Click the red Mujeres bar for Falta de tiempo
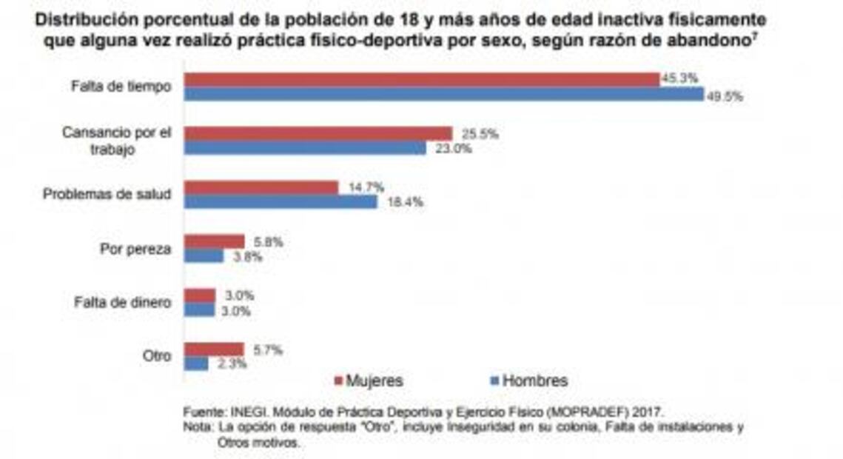[x=421, y=80]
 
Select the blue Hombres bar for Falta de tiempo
[x=443, y=94]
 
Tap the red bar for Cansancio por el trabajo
[x=318, y=134]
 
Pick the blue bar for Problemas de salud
[x=281, y=201]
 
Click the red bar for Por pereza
[x=214, y=241]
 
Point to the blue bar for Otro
[x=196, y=363]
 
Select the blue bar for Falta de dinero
[x=200, y=310]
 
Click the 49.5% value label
[x=725, y=96]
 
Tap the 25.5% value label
[x=480, y=134]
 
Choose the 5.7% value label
[x=267, y=350]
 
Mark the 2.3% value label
[x=232, y=364]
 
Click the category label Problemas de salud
[x=107, y=195]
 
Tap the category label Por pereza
[x=135, y=249]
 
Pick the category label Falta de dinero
[x=123, y=303]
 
